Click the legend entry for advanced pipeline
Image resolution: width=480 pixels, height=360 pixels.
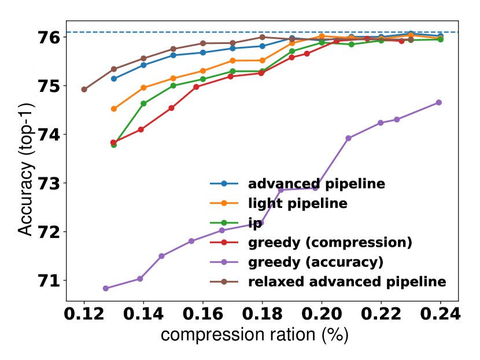(316, 184)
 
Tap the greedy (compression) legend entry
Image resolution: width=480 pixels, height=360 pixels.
(330, 242)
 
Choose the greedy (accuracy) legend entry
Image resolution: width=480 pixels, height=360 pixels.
(315, 262)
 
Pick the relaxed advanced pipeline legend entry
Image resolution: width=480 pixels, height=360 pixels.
(347, 281)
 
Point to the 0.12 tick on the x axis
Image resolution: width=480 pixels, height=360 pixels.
(84, 315)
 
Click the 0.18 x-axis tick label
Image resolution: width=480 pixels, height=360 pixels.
(262, 315)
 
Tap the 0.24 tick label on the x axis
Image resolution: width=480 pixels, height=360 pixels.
(440, 315)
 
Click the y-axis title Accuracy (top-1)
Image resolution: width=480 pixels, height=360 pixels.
(25, 170)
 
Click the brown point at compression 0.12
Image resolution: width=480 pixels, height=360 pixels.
(84, 90)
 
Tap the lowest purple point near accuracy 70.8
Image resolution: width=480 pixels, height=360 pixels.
(106, 288)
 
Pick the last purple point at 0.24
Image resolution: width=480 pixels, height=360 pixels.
(439, 102)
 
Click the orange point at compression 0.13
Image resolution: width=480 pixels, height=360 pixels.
(114, 109)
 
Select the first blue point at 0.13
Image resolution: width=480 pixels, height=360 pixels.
(114, 79)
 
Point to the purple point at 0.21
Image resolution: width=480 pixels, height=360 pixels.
(349, 138)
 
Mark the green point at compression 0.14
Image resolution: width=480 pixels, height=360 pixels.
(143, 103)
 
